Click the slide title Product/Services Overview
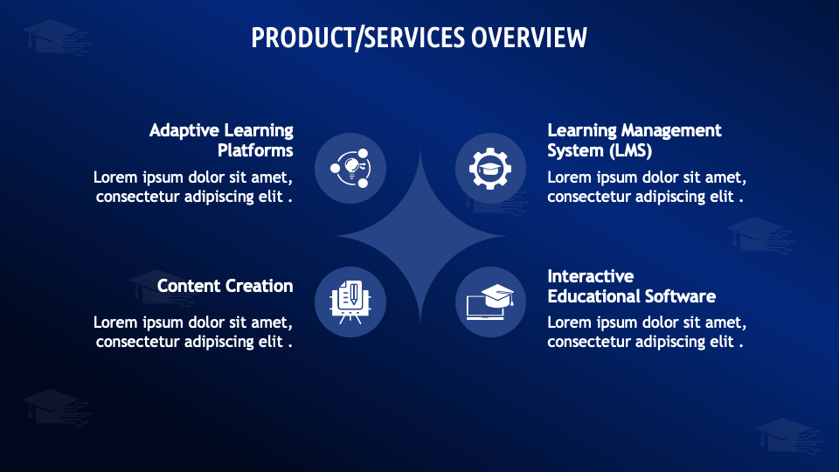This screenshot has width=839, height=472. click(x=419, y=38)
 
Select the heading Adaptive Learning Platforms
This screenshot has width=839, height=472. click(x=221, y=140)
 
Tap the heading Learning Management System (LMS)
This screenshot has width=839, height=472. click(x=634, y=140)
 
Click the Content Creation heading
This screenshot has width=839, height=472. click(x=225, y=286)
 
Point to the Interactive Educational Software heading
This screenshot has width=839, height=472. click(x=631, y=286)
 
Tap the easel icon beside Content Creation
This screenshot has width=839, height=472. click(x=350, y=302)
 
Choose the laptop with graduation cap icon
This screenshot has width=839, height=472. click(x=490, y=302)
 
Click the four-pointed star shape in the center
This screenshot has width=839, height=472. click(x=420, y=236)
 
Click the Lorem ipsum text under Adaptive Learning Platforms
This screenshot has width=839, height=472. click(x=193, y=187)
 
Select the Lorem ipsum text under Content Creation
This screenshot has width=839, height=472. click(x=193, y=332)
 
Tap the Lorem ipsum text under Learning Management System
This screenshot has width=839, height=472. click(x=647, y=187)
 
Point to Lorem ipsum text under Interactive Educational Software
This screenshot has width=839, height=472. click(x=647, y=332)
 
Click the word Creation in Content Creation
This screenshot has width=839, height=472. click(x=260, y=286)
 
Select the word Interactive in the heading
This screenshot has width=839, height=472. click(x=591, y=276)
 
